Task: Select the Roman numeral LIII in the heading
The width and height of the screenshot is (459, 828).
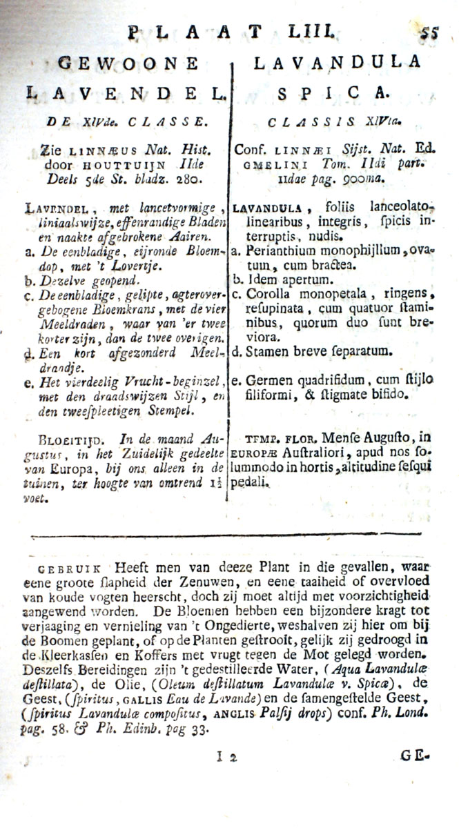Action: (x=313, y=30)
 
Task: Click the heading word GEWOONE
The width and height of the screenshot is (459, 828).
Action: (x=128, y=63)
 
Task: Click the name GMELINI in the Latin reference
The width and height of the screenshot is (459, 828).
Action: (x=263, y=166)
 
